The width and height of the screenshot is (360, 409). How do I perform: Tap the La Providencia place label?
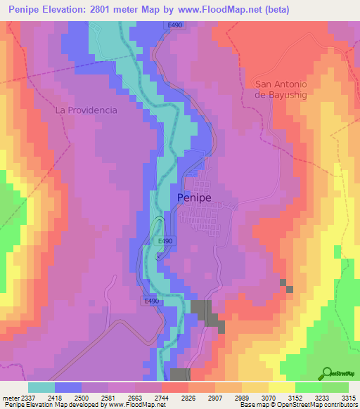pos(86,110)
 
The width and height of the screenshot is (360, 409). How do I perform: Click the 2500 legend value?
pos(82,398)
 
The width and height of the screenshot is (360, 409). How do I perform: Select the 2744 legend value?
pos(162,398)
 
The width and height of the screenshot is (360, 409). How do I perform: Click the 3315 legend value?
pos(348,398)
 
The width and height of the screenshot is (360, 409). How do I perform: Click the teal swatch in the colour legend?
pos(41,387)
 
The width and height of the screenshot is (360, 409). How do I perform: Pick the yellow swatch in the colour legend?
pos(281,387)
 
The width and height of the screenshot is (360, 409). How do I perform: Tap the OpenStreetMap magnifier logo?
pos(326,373)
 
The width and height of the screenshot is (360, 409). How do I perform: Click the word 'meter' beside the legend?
pos(10,398)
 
